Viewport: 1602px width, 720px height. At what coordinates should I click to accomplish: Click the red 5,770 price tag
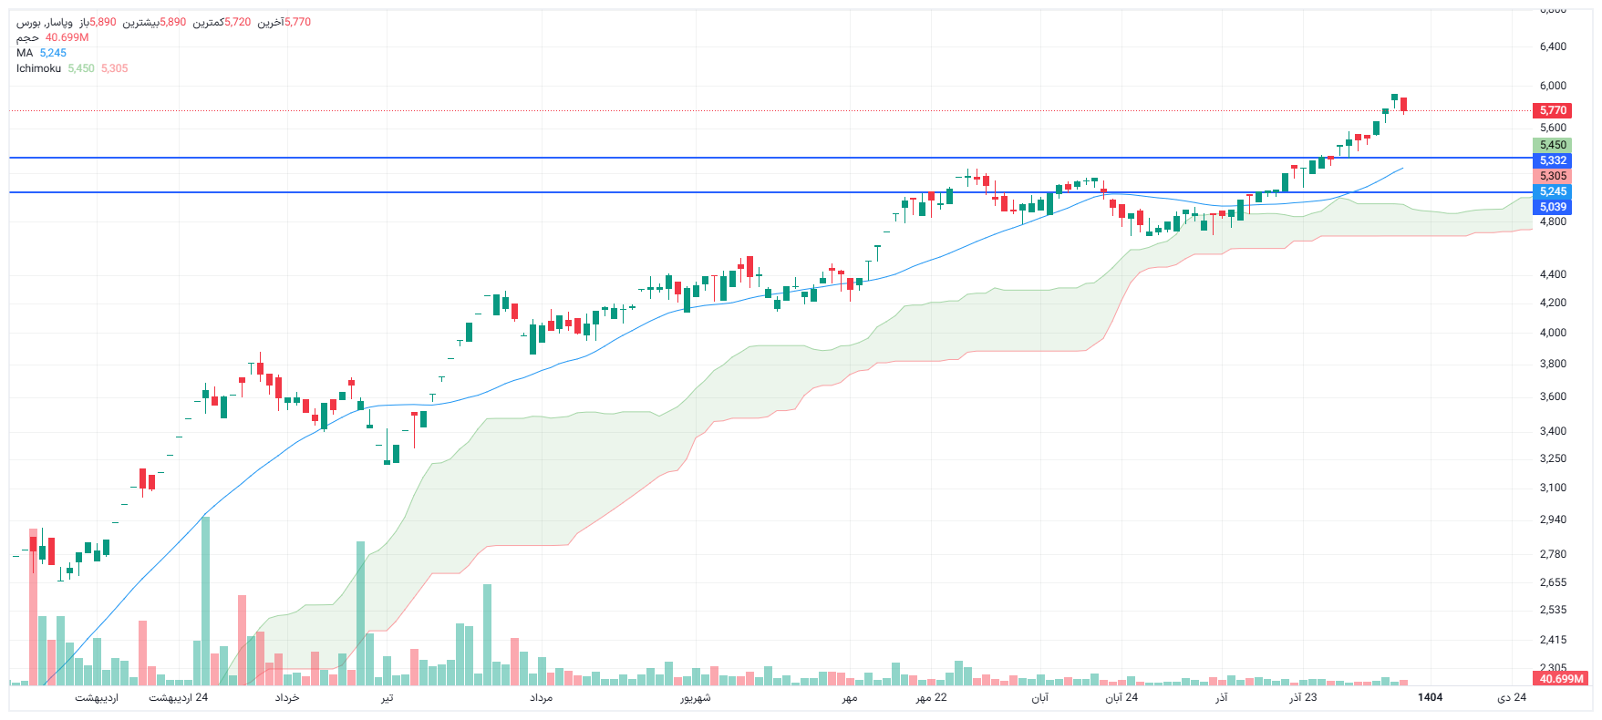coord(1552,110)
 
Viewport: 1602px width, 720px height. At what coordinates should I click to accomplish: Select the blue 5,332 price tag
coord(1552,160)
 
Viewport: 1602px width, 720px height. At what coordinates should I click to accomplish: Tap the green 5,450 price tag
coord(1552,145)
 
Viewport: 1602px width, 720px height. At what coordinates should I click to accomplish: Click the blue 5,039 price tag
coord(1552,207)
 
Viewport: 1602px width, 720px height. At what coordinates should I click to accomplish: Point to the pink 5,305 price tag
coord(1552,176)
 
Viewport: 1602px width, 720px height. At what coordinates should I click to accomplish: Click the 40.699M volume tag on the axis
coord(1561,679)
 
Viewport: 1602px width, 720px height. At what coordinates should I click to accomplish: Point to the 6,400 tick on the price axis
coord(1553,46)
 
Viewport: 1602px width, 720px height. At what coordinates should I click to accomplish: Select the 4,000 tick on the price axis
coord(1553,333)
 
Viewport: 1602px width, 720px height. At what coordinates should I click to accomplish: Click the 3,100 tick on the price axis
coord(1553,488)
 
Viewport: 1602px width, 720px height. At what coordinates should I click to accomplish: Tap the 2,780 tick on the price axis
coord(1553,554)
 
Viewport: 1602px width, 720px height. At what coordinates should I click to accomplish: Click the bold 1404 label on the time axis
coord(1430,697)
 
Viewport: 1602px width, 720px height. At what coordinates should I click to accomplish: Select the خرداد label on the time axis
coord(287,697)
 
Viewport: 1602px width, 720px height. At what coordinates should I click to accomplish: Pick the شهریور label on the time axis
coord(695,697)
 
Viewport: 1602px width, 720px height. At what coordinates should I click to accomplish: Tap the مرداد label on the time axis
coord(541,697)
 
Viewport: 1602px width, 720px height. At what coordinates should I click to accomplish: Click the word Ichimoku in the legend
coord(38,68)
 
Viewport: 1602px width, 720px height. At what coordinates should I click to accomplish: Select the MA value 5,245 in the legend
coord(53,53)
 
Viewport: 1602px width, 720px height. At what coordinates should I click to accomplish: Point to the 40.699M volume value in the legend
coord(67,37)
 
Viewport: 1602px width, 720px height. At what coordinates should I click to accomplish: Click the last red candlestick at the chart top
coord(1404,104)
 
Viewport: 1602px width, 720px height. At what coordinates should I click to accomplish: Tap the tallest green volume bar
coord(205,602)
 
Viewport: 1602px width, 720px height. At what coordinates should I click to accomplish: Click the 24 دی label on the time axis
coord(1512,697)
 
